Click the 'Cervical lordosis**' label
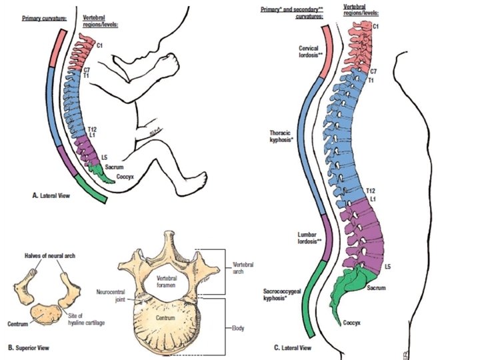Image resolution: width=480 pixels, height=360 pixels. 310,53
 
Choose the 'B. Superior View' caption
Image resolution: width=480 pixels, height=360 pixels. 29,347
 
